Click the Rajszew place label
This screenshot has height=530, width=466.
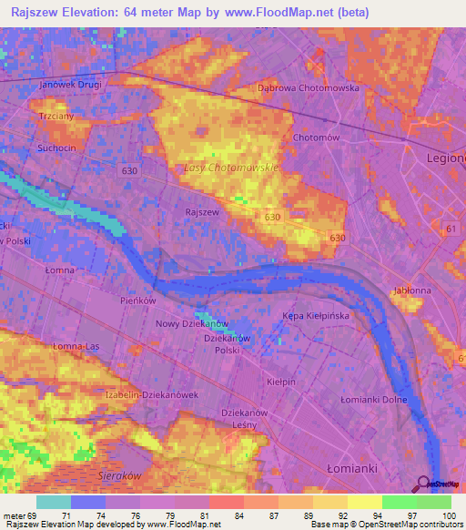tap(201, 212)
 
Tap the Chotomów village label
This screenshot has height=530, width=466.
tap(316, 138)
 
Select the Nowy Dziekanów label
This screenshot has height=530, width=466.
tap(192, 323)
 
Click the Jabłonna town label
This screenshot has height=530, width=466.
tap(411, 290)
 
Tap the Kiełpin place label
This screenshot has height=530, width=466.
tap(281, 382)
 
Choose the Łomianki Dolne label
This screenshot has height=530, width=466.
tap(372, 400)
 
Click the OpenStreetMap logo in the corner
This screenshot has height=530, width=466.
tap(443, 485)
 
